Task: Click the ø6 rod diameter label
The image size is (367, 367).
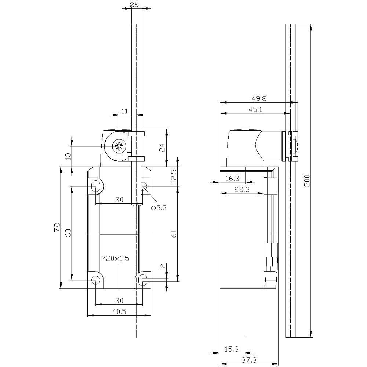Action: tap(134, 5)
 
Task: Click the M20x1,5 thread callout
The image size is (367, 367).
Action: tap(115, 259)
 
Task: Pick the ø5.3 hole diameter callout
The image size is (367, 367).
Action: tap(159, 208)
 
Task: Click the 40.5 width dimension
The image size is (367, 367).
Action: tap(119, 312)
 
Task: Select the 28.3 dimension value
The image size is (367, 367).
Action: tap(242, 189)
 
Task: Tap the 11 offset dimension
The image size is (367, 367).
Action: tap(125, 111)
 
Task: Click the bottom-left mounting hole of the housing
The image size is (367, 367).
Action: tap(96, 281)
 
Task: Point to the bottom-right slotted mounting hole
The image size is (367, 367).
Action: tap(143, 281)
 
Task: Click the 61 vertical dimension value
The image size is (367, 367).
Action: tap(174, 234)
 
